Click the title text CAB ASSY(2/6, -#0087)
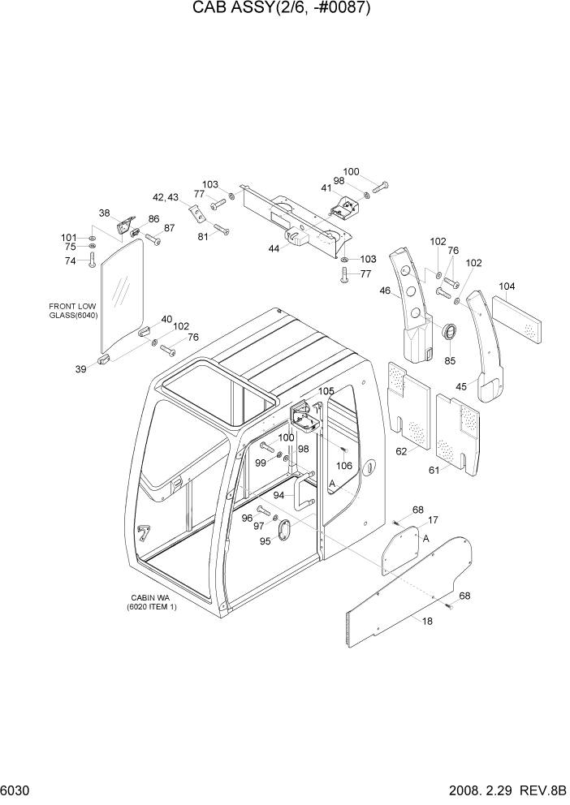284,11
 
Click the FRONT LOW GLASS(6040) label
73,312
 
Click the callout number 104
507,286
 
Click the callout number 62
402,450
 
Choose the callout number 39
80,369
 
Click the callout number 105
326,392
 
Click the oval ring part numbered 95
286,530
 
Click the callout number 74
71,260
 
